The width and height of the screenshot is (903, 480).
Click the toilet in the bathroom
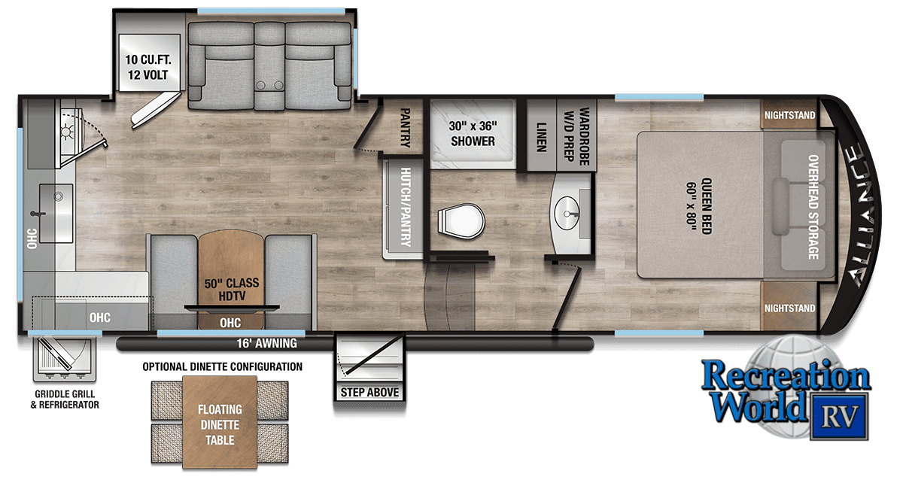pos(461,221)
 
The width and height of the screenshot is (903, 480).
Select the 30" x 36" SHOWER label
pos(473,133)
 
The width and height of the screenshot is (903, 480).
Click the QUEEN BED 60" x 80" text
pos(699,206)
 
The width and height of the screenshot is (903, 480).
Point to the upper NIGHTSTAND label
pos(789,115)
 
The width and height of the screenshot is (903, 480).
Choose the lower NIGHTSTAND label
pos(789,308)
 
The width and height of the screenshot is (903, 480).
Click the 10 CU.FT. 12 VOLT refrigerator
pos(149,63)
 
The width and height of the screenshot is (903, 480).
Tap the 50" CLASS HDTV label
pos(232,290)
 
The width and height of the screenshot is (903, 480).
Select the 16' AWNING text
pos(267,343)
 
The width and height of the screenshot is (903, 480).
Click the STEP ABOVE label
pos(369,392)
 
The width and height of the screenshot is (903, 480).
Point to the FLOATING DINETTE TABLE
pos(220,422)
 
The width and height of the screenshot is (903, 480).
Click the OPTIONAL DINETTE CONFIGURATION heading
pos(222,366)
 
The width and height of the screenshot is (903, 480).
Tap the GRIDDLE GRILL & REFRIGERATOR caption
pos(65,399)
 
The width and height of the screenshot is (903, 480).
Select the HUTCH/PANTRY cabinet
pos(403,208)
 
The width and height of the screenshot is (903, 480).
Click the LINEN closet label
pos(541,137)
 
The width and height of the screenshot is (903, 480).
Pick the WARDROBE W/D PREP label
pos(576,136)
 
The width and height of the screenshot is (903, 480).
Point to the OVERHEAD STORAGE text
pos(813,207)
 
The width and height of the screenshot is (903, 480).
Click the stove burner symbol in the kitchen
pos(66,132)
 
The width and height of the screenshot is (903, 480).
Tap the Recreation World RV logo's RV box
pos(839,416)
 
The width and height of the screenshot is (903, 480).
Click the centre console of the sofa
pos(269,66)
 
